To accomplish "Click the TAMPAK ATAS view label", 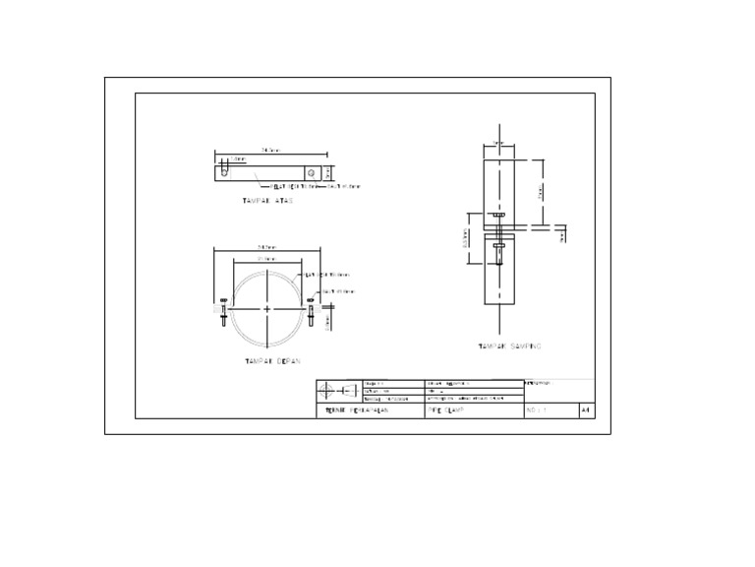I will (x=267, y=200).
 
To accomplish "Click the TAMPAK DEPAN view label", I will (x=272, y=361).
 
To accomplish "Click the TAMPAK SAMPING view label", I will (x=509, y=346).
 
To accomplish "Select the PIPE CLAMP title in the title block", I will (x=445, y=409).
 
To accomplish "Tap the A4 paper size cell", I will (x=586, y=409).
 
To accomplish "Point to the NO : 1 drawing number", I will (x=537, y=409).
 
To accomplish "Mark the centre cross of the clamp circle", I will (x=267, y=309).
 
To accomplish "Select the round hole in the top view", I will (x=312, y=171).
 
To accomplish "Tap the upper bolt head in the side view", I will (x=500, y=214).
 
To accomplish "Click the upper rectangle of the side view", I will (x=500, y=182).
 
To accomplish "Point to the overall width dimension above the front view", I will (x=267, y=246).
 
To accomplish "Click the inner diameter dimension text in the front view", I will (x=265, y=259).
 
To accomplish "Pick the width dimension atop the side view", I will (x=498, y=143).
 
